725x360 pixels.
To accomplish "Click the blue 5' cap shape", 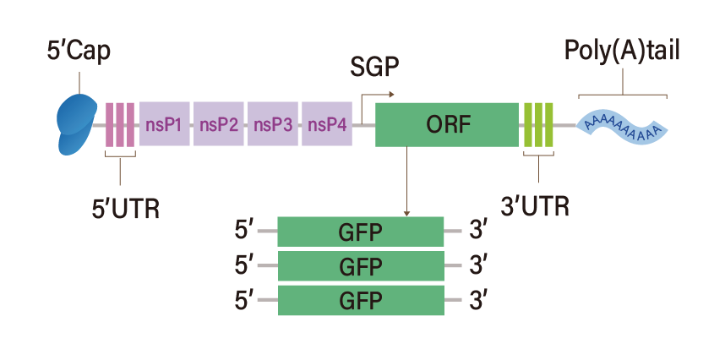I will (x=77, y=123).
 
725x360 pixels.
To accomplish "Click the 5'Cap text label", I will (x=78, y=52).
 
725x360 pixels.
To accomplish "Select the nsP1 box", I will (x=164, y=124).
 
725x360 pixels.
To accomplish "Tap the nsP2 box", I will (x=218, y=124).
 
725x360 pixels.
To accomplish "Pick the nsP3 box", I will (x=272, y=124).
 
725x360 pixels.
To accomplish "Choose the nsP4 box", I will (x=326, y=124).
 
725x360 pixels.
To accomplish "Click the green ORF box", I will (x=446, y=124).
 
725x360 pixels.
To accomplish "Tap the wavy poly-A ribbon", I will (x=623, y=127).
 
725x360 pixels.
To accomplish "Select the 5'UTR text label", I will (x=125, y=208).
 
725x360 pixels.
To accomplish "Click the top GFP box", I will (x=360, y=231).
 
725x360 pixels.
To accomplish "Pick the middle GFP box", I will (x=360, y=265).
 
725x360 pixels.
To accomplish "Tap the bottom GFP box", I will (x=360, y=300).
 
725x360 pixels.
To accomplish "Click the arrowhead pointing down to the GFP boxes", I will (x=407, y=212).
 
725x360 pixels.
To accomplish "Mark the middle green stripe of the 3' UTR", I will (x=538, y=124).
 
